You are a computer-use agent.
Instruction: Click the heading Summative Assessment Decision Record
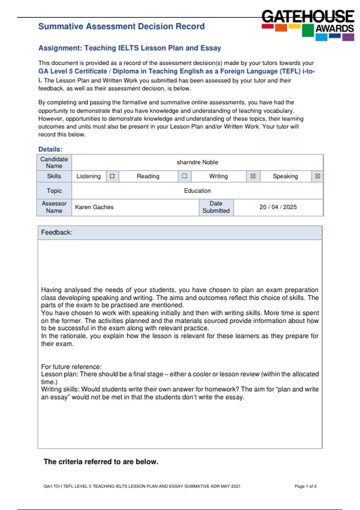click(x=121, y=26)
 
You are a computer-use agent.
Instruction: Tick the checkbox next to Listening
click(x=112, y=176)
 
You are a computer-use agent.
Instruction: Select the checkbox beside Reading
click(x=184, y=176)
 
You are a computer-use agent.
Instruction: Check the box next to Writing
click(x=253, y=176)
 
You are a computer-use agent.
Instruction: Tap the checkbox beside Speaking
click(x=317, y=176)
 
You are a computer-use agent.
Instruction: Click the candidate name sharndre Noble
click(x=197, y=162)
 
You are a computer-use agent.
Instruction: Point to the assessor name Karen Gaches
click(x=94, y=207)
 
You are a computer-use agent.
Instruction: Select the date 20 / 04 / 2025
click(x=278, y=207)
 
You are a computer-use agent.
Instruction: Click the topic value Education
click(x=197, y=190)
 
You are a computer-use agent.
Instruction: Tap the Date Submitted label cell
click(x=216, y=207)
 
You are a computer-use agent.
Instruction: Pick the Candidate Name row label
click(x=54, y=162)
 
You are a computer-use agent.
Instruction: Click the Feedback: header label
click(x=57, y=232)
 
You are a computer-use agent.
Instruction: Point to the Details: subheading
click(x=50, y=149)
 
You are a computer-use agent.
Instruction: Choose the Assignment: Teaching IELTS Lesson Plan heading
click(x=130, y=48)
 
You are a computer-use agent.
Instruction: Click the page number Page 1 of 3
click(x=305, y=486)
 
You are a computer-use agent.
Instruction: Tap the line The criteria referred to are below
click(x=101, y=461)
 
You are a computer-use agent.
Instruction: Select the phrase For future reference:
click(x=71, y=367)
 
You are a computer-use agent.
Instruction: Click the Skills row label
click(x=54, y=176)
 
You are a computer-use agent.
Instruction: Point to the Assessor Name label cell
click(x=54, y=207)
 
